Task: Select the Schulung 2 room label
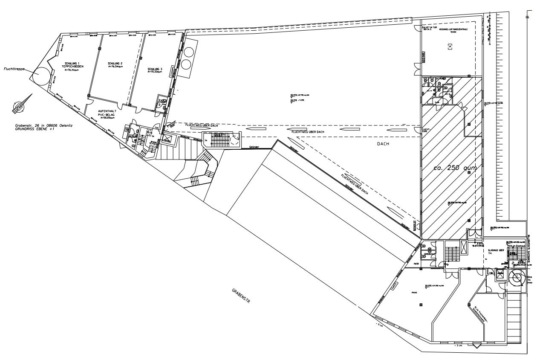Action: pos(115,63)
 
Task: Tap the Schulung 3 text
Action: pos(155,69)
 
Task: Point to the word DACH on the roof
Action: pos(384,144)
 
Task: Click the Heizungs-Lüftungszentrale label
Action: pos(454,29)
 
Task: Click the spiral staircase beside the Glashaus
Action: pos(517,279)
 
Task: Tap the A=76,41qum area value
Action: pos(72,70)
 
